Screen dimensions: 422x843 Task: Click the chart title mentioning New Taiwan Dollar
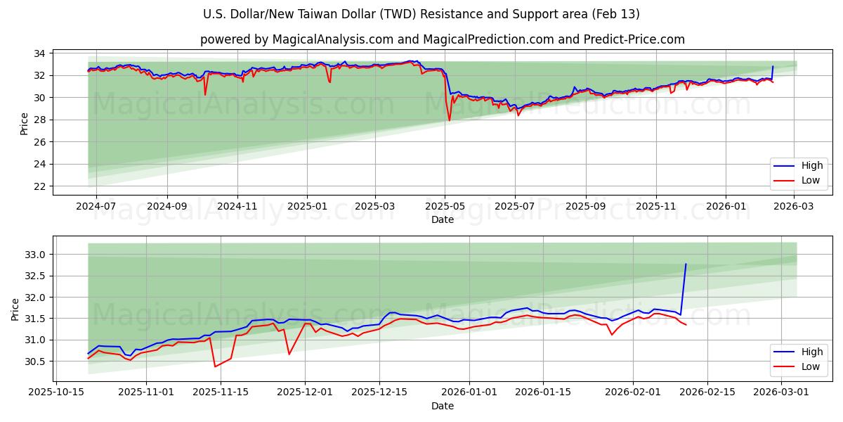[421, 14]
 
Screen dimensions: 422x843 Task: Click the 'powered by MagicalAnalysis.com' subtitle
[443, 39]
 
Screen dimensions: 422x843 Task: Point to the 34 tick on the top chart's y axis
[40, 53]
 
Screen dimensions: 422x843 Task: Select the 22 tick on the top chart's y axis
[40, 186]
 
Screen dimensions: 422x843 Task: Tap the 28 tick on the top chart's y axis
[40, 120]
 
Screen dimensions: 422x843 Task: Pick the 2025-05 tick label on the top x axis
[445, 207]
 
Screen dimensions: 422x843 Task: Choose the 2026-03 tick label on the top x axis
[794, 207]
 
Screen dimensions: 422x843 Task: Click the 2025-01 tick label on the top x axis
[307, 207]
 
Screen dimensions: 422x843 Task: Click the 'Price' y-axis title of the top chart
[24, 124]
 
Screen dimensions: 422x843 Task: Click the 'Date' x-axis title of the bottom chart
[443, 406]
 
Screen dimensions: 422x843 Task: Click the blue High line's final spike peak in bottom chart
[686, 264]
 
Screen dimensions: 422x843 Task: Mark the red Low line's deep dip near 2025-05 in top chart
[450, 120]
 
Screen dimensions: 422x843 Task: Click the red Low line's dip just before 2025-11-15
[215, 366]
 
